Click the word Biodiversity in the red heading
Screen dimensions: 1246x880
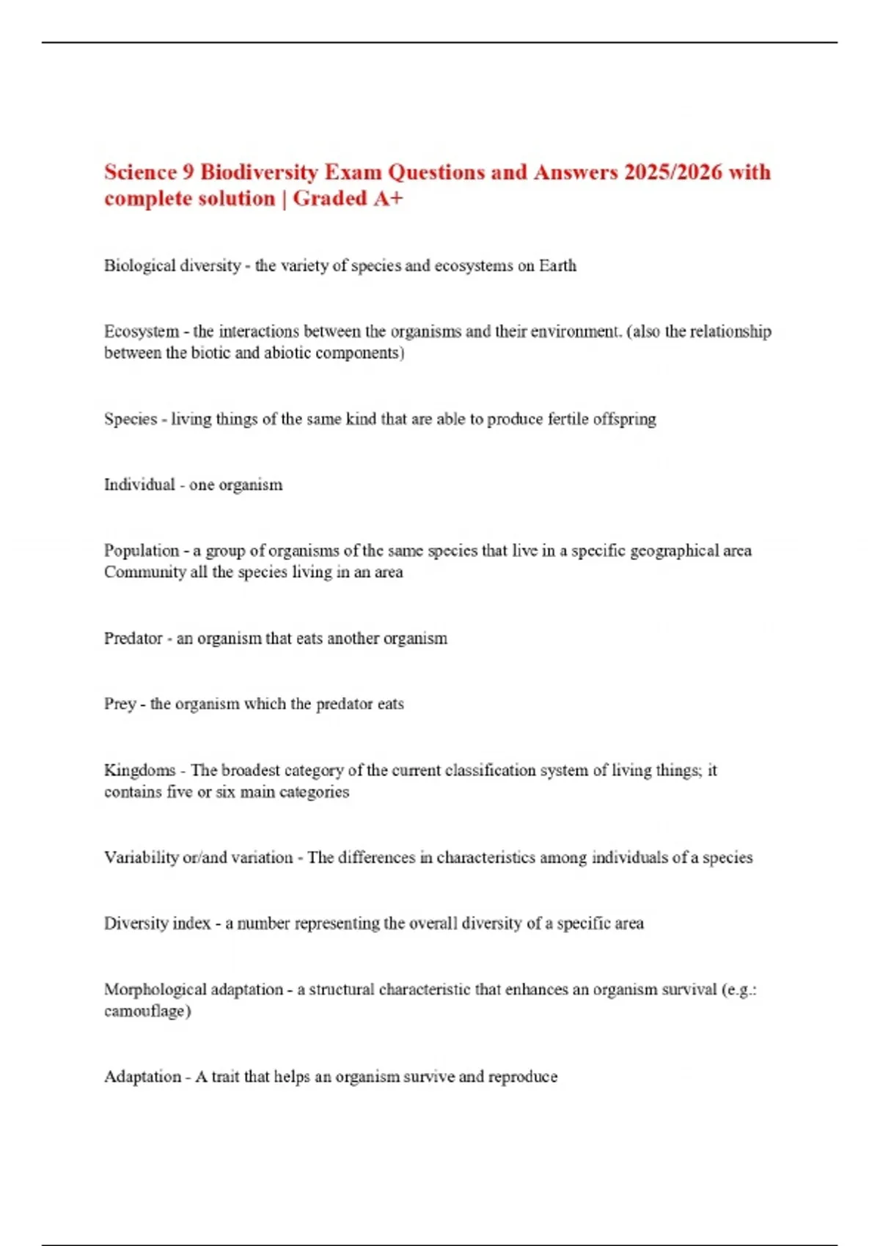[x=259, y=172]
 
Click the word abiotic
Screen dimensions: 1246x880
[x=288, y=353]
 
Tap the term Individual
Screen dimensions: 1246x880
[x=139, y=484]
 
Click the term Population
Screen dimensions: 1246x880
[x=142, y=550]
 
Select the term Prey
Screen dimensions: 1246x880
[x=120, y=704]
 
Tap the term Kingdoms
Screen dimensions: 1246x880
[x=139, y=770]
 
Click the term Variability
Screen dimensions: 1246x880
[x=139, y=858]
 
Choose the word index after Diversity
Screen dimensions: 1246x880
[x=192, y=923]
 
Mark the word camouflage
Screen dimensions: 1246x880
[x=146, y=1011]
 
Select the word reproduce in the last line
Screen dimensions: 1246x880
[x=522, y=1077]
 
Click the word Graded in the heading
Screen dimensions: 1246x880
[x=330, y=199]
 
